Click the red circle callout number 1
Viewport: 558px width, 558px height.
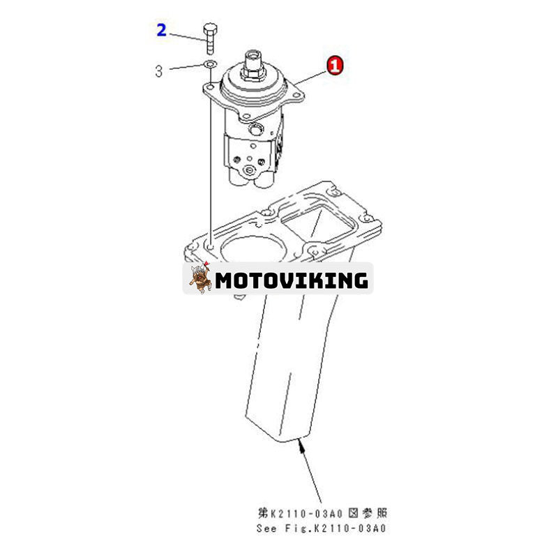pos(335,65)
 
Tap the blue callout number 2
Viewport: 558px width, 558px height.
pos(162,30)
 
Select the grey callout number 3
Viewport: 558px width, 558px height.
pos(159,71)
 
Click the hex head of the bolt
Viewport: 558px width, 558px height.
pos(210,29)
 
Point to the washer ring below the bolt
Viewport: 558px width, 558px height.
pos(211,64)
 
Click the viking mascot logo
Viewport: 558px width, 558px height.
pos(199,278)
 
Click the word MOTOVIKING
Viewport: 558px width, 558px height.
pos(292,280)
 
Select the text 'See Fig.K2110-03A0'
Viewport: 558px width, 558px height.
pos(321,529)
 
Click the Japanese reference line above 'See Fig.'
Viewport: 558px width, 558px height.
pos(322,513)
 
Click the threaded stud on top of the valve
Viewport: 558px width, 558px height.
pos(252,59)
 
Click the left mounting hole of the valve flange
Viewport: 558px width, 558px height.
pos(211,86)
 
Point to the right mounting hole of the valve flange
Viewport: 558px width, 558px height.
pos(296,95)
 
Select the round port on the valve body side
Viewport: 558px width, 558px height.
pos(255,129)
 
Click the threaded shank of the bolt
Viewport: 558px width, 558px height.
pos(211,45)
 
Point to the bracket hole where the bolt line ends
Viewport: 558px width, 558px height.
pos(211,246)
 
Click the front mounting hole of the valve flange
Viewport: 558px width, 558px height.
pos(246,116)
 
